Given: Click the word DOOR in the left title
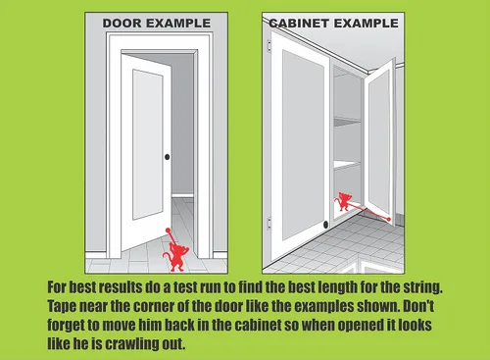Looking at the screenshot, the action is (122, 24).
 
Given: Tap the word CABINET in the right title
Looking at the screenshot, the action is (299, 24).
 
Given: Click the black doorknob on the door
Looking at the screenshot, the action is (167, 157).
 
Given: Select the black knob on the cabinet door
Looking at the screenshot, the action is (325, 225).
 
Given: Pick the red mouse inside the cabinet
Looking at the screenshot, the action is (344, 201).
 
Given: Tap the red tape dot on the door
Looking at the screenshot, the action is (168, 231).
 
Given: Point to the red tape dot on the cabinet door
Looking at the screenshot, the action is (388, 219).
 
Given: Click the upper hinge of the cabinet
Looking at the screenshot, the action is (269, 46).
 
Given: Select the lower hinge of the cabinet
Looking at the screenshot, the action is (269, 223).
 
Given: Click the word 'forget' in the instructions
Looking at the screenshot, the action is (63, 325).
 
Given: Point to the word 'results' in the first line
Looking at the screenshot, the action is (121, 287).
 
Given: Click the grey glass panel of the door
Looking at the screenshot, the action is (148, 144).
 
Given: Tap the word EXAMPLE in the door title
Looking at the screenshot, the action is (178, 24).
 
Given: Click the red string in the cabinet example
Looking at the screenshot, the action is (367, 212).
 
